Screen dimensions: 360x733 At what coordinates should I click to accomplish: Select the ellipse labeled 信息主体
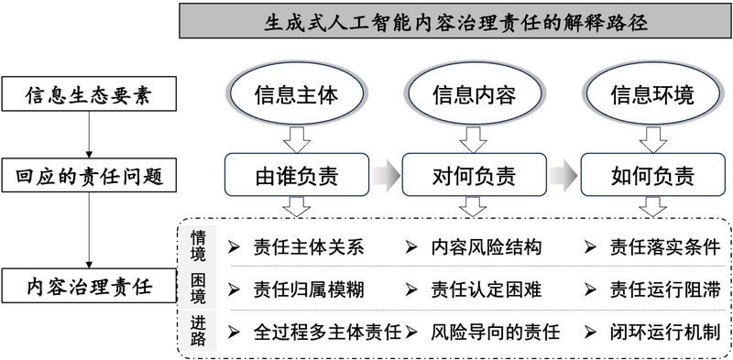(296, 94)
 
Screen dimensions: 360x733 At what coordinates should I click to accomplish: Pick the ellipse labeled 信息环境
(651, 94)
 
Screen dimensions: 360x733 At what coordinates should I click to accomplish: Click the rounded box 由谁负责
(297, 174)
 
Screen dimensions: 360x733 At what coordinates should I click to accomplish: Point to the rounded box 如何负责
(651, 174)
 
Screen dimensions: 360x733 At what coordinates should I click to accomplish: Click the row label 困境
(199, 289)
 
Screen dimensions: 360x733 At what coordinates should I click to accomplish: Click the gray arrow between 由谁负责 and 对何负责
(386, 174)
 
